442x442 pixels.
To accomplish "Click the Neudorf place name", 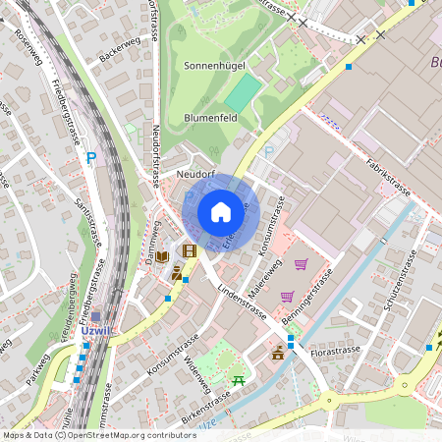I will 194,174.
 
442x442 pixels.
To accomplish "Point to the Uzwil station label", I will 99,331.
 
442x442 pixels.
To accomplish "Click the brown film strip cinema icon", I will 189,251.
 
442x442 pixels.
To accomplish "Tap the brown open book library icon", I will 162,256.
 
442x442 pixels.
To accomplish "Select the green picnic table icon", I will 237,379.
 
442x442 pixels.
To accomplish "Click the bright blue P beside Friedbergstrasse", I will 91,157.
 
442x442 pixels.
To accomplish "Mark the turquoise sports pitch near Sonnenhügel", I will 245,92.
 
